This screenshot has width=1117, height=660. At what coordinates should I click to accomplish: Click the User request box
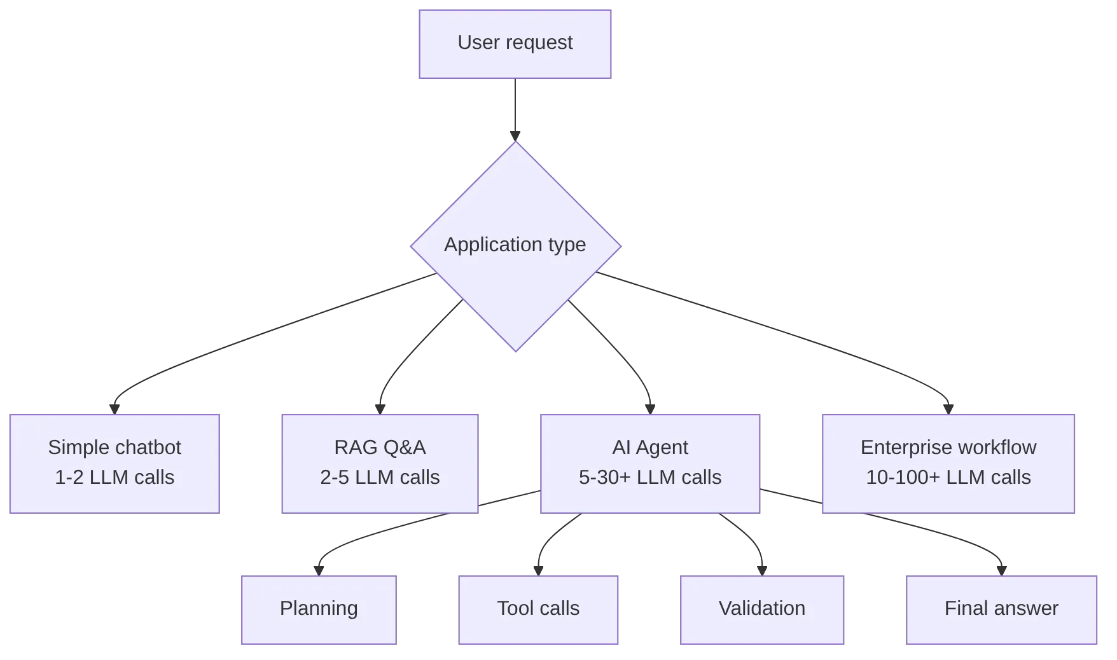(x=515, y=44)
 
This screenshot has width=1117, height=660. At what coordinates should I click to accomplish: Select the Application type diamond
(x=516, y=246)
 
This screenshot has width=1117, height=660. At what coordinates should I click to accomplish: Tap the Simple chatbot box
(x=114, y=464)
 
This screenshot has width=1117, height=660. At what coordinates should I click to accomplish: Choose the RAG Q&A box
(x=380, y=464)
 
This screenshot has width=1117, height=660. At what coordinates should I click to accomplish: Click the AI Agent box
(x=650, y=464)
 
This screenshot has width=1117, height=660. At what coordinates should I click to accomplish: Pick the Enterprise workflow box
(x=948, y=464)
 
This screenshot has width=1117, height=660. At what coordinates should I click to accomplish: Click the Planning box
(x=319, y=610)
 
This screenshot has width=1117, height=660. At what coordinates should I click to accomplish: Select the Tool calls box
(x=538, y=610)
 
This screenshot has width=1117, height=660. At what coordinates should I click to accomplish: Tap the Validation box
(x=762, y=610)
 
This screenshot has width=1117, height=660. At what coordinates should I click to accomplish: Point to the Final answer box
(x=1001, y=610)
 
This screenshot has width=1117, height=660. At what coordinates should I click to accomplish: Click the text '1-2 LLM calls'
(x=114, y=477)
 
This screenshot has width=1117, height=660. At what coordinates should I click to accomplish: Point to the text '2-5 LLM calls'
(x=380, y=477)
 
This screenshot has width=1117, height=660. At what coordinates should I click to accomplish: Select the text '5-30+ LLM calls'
(x=650, y=477)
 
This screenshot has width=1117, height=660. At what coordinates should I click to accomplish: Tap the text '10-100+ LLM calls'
(x=948, y=477)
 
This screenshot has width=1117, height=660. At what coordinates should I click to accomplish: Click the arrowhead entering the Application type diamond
(x=515, y=136)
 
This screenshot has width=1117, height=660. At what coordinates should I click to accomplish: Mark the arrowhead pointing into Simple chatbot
(x=114, y=409)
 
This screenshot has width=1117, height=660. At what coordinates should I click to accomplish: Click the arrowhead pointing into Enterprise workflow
(x=948, y=409)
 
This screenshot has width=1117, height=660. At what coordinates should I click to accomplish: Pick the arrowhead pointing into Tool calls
(x=538, y=571)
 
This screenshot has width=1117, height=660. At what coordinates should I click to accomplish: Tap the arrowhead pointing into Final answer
(x=1001, y=571)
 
